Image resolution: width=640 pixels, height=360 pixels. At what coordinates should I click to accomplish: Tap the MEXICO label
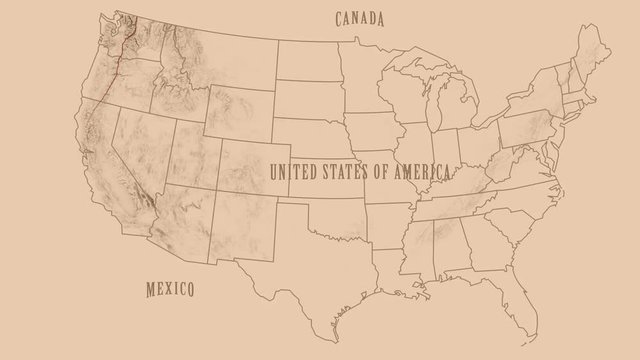(x=169, y=289)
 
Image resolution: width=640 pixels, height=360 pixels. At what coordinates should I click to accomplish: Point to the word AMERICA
(x=421, y=171)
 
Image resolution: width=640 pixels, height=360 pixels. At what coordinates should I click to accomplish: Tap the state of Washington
(x=140, y=40)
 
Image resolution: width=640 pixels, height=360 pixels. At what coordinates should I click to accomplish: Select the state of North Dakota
(x=307, y=62)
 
